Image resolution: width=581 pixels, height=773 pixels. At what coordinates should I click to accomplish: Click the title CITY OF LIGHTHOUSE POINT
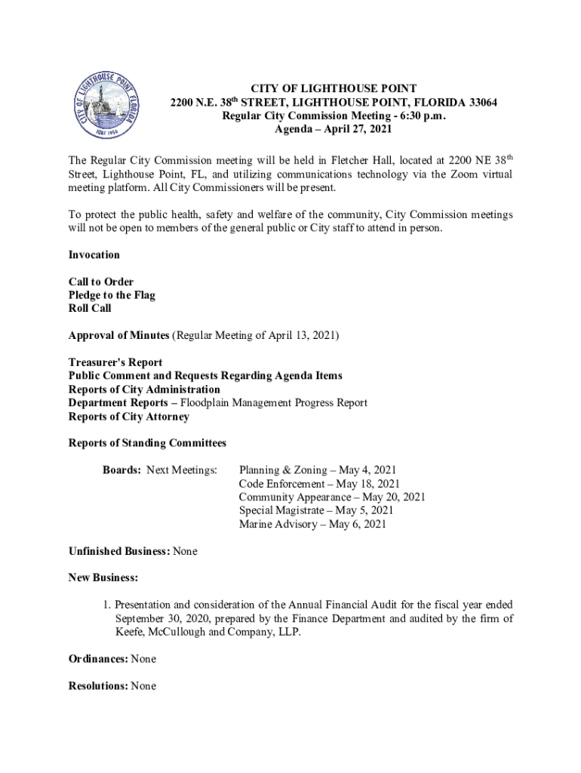334,89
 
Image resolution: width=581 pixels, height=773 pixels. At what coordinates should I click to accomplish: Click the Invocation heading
94,255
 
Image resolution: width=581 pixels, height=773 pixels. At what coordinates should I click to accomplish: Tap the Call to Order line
101,282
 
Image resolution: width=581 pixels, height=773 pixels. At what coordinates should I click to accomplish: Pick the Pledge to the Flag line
112,295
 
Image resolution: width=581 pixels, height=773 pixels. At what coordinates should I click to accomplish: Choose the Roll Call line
90,309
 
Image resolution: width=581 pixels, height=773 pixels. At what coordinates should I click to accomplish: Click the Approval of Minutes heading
119,335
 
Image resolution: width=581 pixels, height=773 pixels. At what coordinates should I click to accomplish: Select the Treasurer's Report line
115,362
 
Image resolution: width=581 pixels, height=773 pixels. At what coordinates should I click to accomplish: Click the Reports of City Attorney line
129,417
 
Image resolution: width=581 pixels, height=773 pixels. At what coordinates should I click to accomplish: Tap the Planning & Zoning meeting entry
318,470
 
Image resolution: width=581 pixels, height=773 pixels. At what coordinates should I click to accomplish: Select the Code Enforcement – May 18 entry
319,484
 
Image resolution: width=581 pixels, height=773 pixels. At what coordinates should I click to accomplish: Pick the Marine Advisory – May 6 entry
312,524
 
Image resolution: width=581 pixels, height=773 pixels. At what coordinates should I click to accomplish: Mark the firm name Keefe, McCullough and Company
200,633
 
